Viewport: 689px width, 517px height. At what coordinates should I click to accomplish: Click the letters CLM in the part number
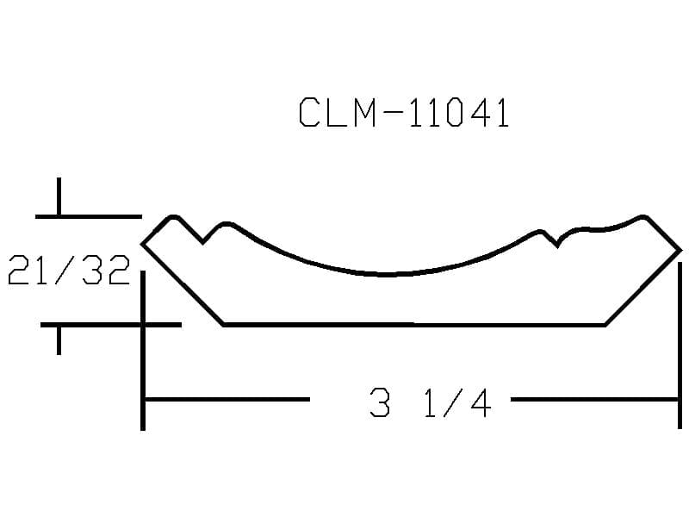pyautogui.click(x=338, y=112)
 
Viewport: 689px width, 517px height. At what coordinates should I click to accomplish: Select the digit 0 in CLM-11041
pyautogui.click(x=454, y=112)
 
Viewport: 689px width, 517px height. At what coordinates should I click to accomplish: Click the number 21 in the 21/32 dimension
pyautogui.click(x=28, y=270)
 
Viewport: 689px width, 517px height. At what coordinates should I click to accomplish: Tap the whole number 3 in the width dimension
pyautogui.click(x=380, y=402)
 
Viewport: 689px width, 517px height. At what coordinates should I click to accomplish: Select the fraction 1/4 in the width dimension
pyautogui.click(x=457, y=402)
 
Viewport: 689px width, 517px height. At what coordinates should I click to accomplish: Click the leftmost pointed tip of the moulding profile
pyautogui.click(x=142, y=244)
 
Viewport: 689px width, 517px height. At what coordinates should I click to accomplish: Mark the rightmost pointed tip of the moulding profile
pyautogui.click(x=680, y=251)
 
